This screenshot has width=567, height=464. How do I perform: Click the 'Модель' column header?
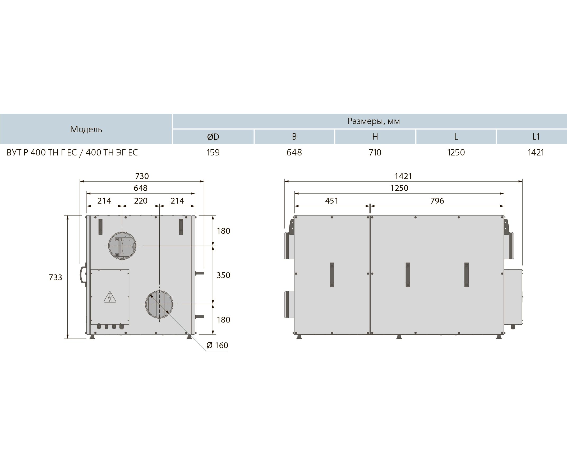click(x=86, y=129)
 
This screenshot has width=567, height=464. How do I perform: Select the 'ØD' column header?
click(x=213, y=137)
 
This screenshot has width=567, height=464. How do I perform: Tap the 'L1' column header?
click(x=536, y=137)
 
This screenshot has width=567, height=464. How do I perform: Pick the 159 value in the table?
click(x=213, y=152)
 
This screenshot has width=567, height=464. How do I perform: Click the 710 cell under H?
click(x=375, y=152)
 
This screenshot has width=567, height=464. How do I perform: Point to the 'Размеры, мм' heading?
click(x=374, y=121)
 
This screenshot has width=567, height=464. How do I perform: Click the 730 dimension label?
click(x=142, y=176)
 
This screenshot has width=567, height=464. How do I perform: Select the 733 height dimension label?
click(x=55, y=277)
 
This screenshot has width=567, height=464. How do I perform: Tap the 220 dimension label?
click(x=141, y=200)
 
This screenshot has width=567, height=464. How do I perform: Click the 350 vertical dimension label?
click(x=223, y=275)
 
